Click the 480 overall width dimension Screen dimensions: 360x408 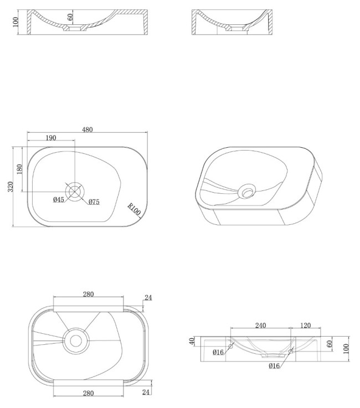pyautogui.click(x=87, y=130)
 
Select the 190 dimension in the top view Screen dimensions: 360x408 pyautogui.click(x=51, y=138)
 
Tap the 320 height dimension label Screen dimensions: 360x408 pyautogui.click(x=11, y=187)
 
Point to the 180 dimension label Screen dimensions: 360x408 pyautogui.click(x=19, y=169)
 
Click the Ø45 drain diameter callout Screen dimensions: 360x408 pyautogui.click(x=59, y=200)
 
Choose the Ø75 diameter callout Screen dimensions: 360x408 pyautogui.click(x=94, y=202)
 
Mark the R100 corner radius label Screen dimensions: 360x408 pyautogui.click(x=134, y=209)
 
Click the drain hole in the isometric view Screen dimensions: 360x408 pyautogui.click(x=247, y=191)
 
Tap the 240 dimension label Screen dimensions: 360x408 pyautogui.click(x=260, y=326)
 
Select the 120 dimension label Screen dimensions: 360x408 pyautogui.click(x=305, y=326)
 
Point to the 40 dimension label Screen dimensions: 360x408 pyautogui.click(x=192, y=341)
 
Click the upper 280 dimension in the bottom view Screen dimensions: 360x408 pyautogui.click(x=88, y=294)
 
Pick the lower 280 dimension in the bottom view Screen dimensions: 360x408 pyautogui.click(x=88, y=393)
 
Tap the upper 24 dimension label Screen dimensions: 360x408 pyautogui.click(x=148, y=297)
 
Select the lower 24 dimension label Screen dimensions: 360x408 pyautogui.click(x=146, y=392)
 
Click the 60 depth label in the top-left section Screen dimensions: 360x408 pyautogui.click(x=70, y=17)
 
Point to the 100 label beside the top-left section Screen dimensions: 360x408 pyautogui.click(x=16, y=22)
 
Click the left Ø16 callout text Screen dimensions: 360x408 pyautogui.click(x=218, y=352)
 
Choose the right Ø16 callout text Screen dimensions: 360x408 pyautogui.click(x=274, y=366)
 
